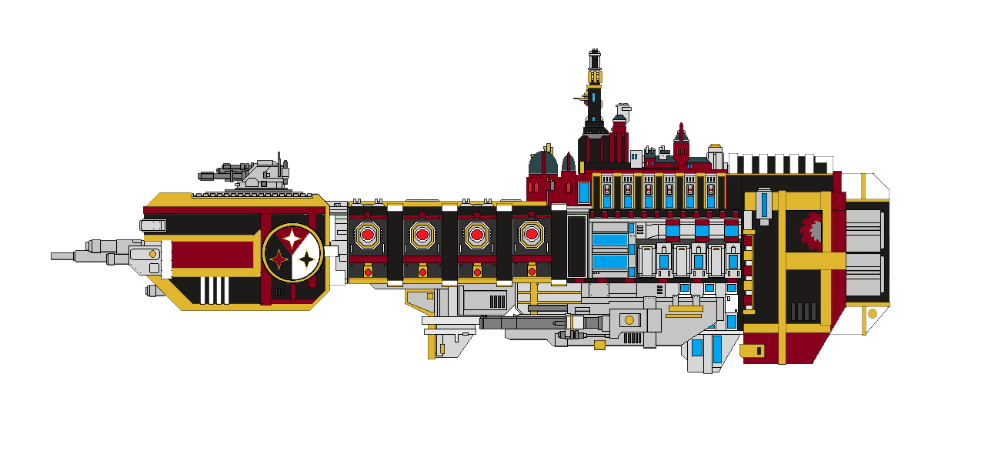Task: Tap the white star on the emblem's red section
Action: (x=292, y=239)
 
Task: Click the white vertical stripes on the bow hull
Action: (x=215, y=290)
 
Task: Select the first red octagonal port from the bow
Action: (x=368, y=234)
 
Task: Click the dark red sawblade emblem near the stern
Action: (x=813, y=231)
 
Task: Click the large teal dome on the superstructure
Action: (x=542, y=164)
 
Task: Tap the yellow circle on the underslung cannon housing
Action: (x=629, y=319)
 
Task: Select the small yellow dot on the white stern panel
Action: (x=872, y=314)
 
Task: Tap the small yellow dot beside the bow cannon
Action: (x=152, y=254)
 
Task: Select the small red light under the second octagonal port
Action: (x=422, y=272)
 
